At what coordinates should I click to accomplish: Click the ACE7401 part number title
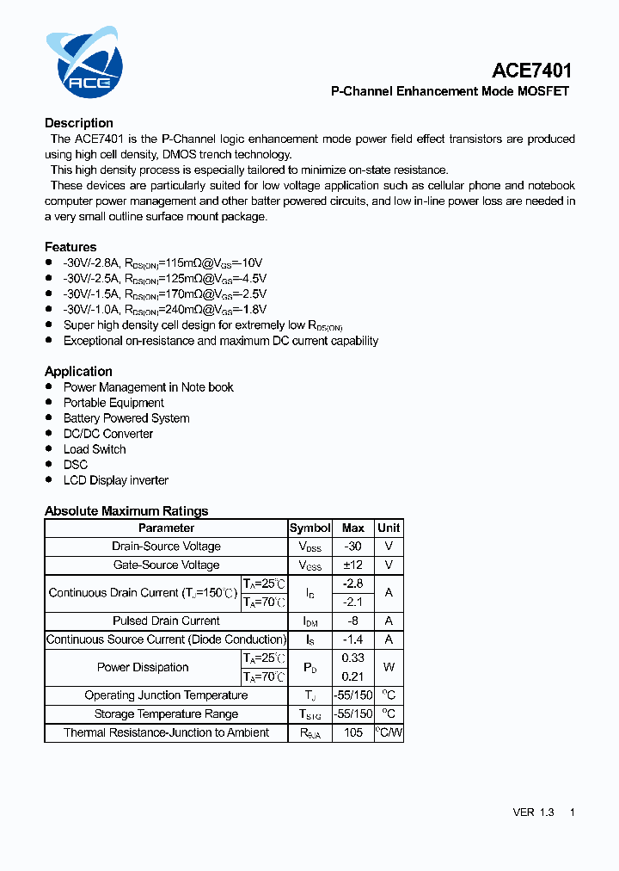[531, 71]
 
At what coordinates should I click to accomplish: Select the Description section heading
[79, 123]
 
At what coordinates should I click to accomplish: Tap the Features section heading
[70, 247]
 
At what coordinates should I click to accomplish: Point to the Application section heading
[78, 371]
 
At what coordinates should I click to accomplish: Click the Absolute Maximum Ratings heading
[126, 511]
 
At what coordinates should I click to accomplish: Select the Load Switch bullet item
[95, 449]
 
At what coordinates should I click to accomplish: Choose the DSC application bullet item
[76, 465]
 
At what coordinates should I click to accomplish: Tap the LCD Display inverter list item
[116, 480]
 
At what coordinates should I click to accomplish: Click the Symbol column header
[309, 528]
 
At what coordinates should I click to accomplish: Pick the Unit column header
[389, 528]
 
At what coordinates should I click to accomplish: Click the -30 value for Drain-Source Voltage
[352, 547]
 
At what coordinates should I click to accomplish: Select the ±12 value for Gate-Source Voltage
[352, 565]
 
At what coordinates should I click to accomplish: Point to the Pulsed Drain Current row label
[166, 621]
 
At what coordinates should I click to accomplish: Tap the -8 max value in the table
[352, 621]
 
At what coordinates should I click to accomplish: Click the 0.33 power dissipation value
[352, 658]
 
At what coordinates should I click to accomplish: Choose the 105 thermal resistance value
[352, 732]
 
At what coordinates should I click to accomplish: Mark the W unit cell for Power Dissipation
[389, 667]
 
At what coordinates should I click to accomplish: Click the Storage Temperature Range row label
[166, 713]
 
